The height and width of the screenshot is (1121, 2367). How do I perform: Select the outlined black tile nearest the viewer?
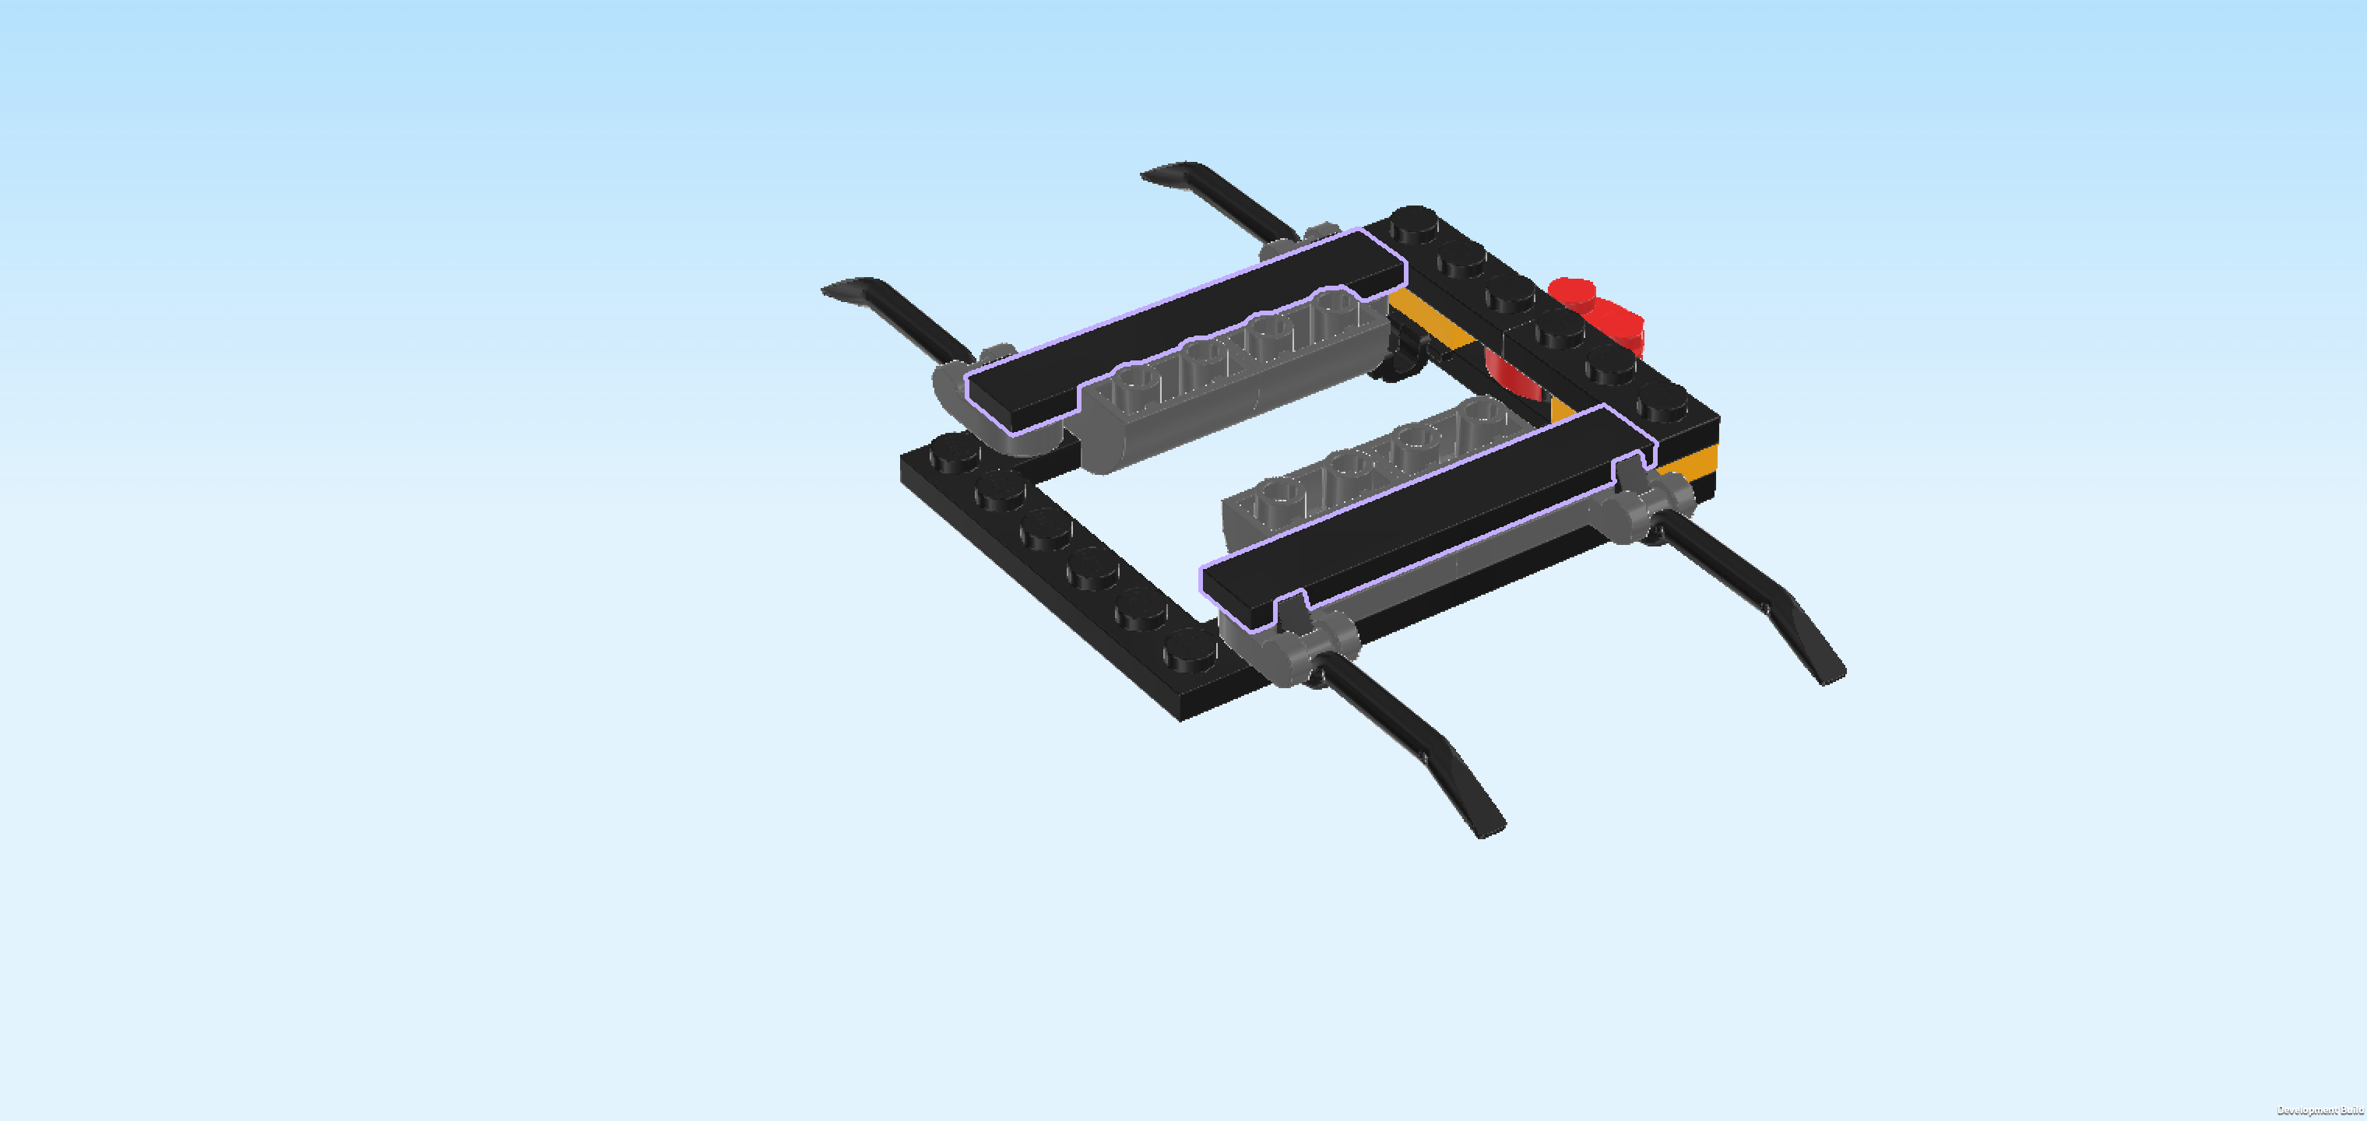click(x=1429, y=515)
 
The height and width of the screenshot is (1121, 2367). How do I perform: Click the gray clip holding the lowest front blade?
click(x=1310, y=643)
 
